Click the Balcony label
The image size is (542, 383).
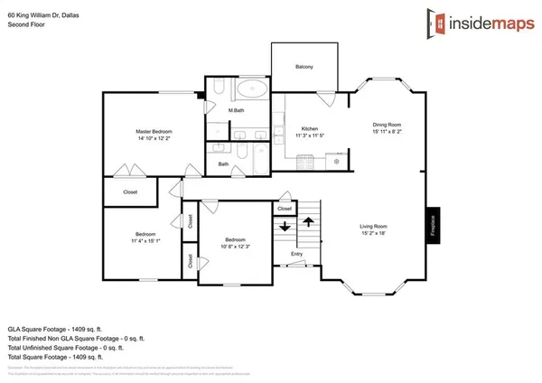tap(304, 67)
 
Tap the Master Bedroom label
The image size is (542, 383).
tap(154, 135)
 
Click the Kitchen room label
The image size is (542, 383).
tap(309, 132)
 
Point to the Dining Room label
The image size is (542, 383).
tap(387, 127)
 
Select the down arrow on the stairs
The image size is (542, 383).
tap(285, 227)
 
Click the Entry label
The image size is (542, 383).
tap(296, 254)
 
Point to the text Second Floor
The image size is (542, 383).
tap(25, 24)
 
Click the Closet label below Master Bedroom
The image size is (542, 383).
tap(118, 192)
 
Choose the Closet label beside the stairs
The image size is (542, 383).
tap(285, 209)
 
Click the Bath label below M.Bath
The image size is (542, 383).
tap(223, 163)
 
